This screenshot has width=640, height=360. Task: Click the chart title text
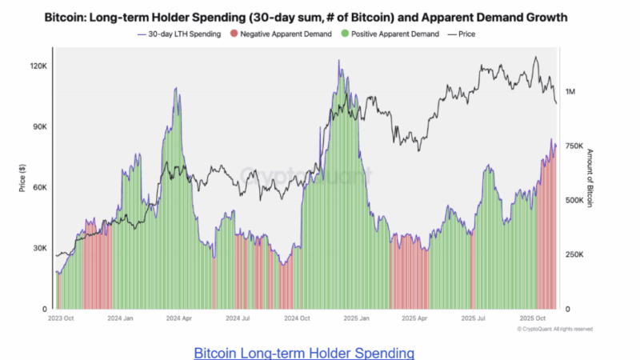[320, 16]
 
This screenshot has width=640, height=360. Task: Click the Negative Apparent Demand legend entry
[272, 34]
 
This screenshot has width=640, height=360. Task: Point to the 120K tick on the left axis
[39, 66]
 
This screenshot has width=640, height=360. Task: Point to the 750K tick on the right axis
[575, 146]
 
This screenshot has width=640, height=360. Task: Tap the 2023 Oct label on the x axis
[61, 318]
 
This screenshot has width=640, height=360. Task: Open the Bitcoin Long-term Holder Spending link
[304, 352]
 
